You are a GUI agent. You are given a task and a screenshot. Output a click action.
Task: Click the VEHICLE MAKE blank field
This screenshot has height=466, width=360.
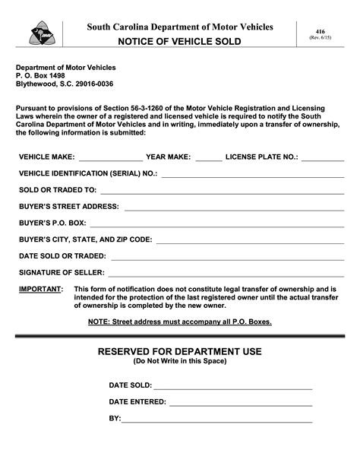pos(111,159)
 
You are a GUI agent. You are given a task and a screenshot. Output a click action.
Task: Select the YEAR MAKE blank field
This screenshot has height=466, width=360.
pos(209,159)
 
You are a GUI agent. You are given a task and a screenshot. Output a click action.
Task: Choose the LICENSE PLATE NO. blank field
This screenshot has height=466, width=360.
pos(323,159)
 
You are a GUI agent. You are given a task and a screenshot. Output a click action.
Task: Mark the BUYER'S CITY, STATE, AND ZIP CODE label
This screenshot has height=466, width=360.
pos(85,239)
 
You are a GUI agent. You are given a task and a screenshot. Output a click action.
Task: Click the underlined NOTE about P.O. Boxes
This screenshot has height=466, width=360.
pos(179,322)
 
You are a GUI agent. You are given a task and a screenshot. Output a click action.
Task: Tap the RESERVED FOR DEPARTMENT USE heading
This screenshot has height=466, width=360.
pos(180,351)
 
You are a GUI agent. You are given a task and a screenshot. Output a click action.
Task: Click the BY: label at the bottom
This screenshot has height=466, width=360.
pos(115,419)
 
